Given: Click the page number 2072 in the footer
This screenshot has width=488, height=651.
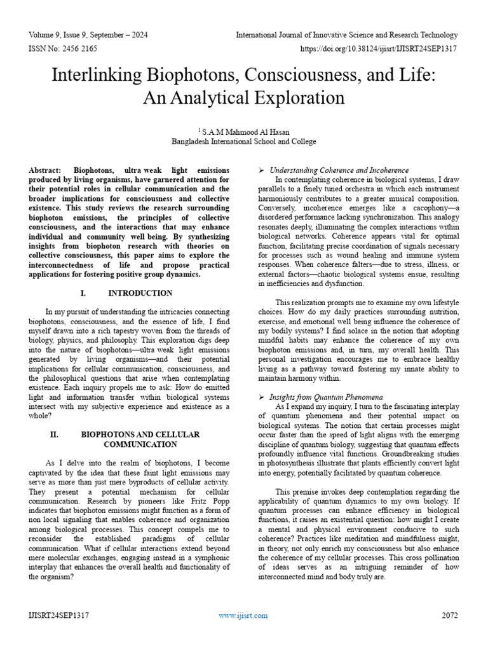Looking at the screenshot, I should point(449,615).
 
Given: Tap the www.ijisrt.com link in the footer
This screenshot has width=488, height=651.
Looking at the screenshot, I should point(243,615).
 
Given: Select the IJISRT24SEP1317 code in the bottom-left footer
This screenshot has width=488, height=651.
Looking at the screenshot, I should point(58,615).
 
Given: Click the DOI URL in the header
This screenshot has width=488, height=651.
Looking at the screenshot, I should point(379,48).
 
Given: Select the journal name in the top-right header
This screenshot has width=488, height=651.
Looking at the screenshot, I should point(347,35).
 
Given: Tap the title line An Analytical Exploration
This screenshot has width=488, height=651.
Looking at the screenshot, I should point(244,99).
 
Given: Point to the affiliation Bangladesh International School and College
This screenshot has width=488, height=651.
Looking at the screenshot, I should point(244,141).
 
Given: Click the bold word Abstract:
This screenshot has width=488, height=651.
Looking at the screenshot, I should point(48,171).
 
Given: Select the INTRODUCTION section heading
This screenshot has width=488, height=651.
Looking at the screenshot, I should point(140,293).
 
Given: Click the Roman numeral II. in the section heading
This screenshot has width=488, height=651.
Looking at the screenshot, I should point(54,434).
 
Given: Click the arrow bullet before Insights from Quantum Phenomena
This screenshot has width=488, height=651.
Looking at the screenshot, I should point(261,396).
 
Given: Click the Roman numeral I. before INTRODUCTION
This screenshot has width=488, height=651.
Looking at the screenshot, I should point(83,293).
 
